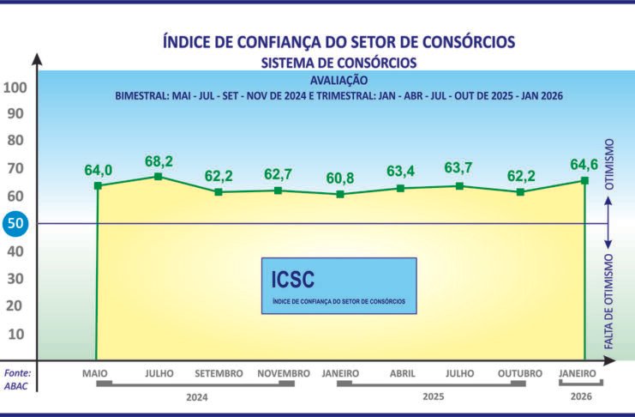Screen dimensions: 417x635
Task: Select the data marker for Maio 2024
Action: (x=98, y=185)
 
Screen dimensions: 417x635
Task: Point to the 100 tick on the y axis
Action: (x=16, y=88)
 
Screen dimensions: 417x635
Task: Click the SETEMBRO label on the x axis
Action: (x=219, y=374)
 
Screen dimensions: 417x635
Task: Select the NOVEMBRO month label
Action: (x=282, y=374)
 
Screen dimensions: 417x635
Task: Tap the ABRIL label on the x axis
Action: (x=403, y=374)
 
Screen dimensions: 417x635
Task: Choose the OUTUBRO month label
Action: (x=520, y=374)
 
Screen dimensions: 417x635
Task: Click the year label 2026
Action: (x=581, y=397)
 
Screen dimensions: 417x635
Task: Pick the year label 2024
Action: (x=197, y=397)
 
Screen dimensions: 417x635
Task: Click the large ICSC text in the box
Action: (x=292, y=279)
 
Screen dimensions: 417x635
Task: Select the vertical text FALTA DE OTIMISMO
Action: (x=610, y=300)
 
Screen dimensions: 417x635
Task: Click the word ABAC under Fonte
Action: (x=17, y=385)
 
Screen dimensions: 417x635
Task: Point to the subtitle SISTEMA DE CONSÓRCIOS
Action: (x=338, y=63)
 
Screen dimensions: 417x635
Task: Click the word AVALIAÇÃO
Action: (x=338, y=80)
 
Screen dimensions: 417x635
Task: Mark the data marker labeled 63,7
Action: (x=460, y=185)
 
